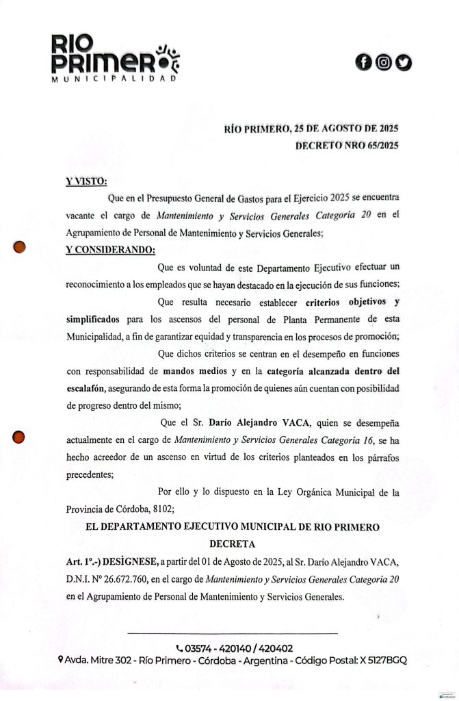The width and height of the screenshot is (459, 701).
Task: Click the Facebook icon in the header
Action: (x=365, y=63)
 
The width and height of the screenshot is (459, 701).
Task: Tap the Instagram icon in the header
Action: (x=384, y=63)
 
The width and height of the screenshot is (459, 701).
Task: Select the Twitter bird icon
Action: (x=404, y=63)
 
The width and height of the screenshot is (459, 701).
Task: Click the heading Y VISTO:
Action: (x=86, y=181)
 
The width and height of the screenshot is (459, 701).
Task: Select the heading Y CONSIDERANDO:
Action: (x=110, y=249)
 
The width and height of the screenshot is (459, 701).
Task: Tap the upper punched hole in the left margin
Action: (x=20, y=247)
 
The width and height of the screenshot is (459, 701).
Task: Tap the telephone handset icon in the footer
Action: (x=179, y=648)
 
